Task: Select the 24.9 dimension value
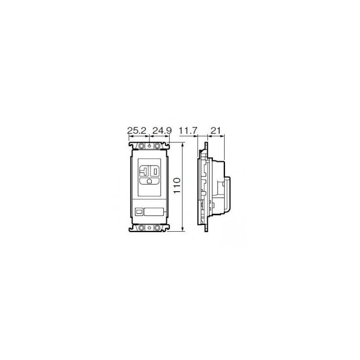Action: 162,130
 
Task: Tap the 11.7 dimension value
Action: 188,130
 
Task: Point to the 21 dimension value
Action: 215,130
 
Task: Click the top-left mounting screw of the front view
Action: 141,146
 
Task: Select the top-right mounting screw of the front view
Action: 157,146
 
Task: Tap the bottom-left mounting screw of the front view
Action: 141,228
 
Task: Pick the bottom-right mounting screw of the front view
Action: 157,228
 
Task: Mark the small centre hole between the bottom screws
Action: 149,228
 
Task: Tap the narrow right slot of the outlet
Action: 154,171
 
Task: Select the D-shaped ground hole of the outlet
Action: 149,181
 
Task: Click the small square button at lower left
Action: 139,211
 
